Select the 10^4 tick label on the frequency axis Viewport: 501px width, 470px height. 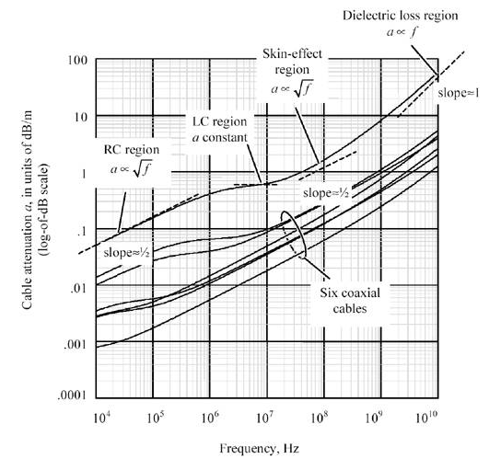tap(101, 418)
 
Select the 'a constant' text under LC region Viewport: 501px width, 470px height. tap(217, 138)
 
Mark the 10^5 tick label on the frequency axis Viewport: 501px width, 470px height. tap(157, 418)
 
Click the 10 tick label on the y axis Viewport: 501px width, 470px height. tap(79, 117)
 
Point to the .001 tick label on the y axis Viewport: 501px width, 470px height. tap(74, 344)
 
